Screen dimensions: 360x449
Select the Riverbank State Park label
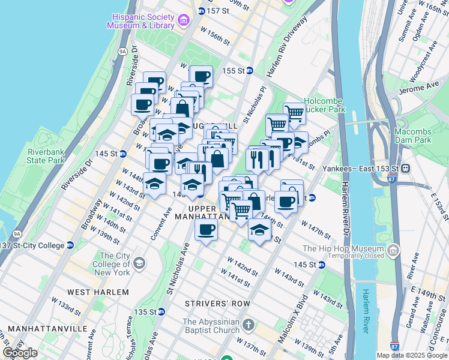[x=46, y=156]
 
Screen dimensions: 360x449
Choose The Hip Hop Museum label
[x=343, y=248]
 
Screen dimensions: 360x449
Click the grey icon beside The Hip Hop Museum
[x=394, y=250]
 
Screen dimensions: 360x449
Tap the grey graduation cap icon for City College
[x=139, y=263]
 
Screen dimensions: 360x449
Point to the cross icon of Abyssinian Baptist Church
[x=249, y=326]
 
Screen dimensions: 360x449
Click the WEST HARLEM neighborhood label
[x=98, y=292]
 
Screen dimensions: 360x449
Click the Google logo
[x=20, y=353]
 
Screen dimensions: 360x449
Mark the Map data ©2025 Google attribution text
[x=411, y=355]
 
